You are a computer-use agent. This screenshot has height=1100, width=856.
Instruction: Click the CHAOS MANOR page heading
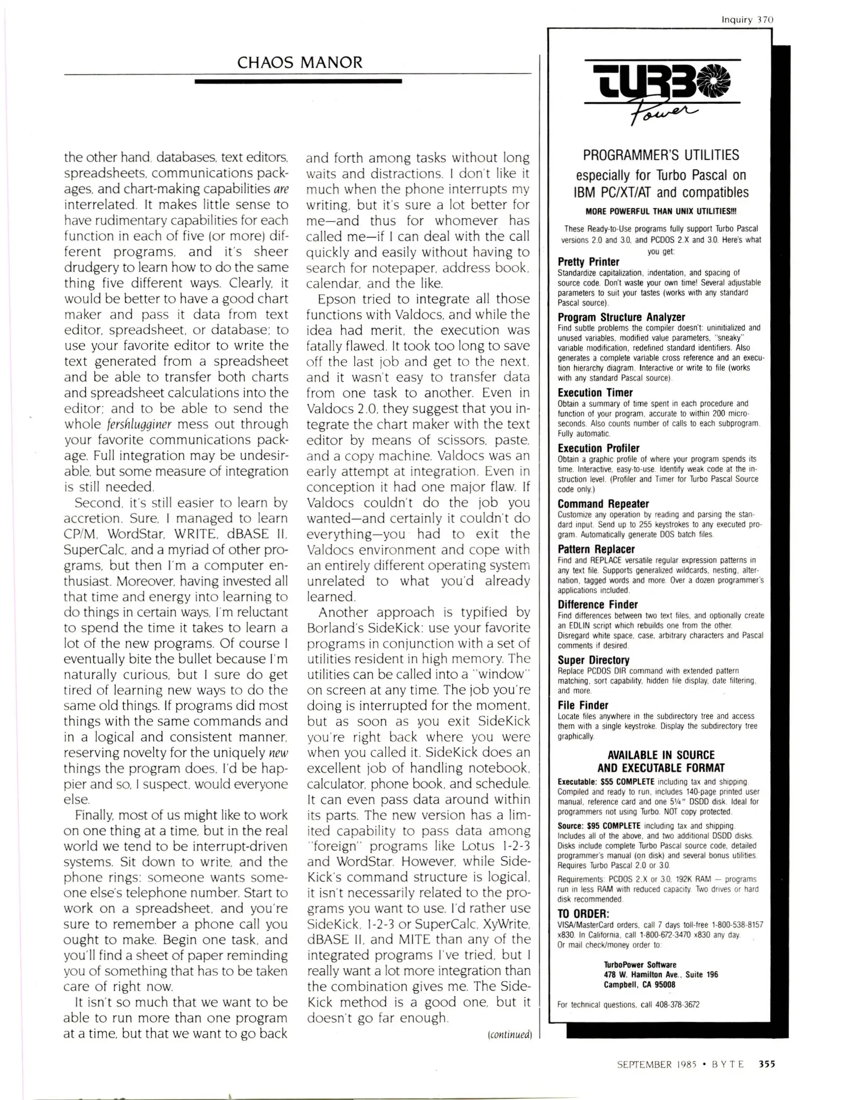coord(300,63)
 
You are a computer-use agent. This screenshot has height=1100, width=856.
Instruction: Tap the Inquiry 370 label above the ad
coord(747,20)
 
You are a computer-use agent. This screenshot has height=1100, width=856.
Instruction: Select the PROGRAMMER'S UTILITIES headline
coord(661,155)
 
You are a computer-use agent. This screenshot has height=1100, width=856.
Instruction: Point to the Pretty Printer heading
coord(588,262)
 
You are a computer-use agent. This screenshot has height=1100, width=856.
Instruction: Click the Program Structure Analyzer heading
coord(621,317)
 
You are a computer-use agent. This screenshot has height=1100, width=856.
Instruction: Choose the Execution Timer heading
coord(594,393)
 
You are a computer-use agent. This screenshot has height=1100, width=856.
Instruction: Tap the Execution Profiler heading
coord(598,448)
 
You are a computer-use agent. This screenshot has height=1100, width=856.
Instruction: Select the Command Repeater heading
coord(603,504)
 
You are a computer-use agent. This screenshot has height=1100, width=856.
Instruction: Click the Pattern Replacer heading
coord(595,549)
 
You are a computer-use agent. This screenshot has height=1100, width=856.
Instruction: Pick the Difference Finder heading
coord(597,604)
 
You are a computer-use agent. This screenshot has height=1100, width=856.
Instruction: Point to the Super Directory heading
coord(593,660)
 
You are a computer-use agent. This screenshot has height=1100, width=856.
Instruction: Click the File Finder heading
coord(582,705)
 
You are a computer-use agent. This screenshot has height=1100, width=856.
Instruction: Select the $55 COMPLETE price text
coord(627,782)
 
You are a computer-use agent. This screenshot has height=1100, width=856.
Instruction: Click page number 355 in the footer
coord(766,1064)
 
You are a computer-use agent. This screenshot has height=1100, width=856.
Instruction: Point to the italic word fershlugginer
coord(139,424)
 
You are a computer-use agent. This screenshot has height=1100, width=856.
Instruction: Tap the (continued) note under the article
coord(509,1035)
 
